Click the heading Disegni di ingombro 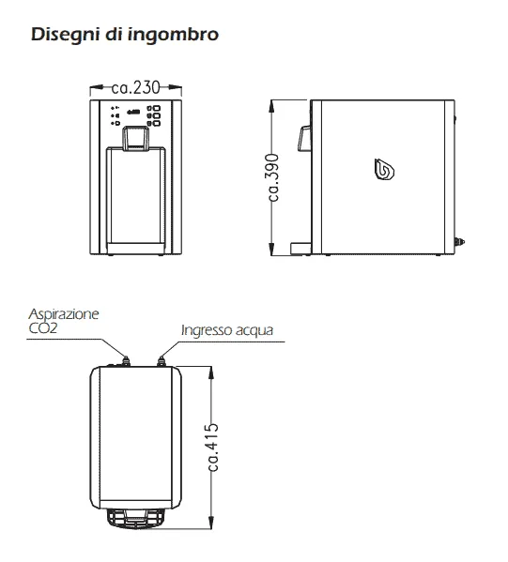click(125, 35)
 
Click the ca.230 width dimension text click(135, 87)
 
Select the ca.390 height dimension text click(273, 177)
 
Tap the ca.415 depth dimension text click(213, 448)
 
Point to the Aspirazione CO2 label click(64, 321)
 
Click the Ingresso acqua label click(227, 330)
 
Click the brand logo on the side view click(384, 169)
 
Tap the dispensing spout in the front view click(135, 138)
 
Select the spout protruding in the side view click(304, 138)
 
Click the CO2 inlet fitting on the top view click(126, 361)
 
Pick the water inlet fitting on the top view click(162, 361)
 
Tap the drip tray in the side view click(300, 250)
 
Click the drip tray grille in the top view click(135, 519)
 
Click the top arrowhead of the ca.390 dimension click(271, 107)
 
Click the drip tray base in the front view click(135, 249)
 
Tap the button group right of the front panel click(154, 115)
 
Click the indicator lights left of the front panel click(115, 115)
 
